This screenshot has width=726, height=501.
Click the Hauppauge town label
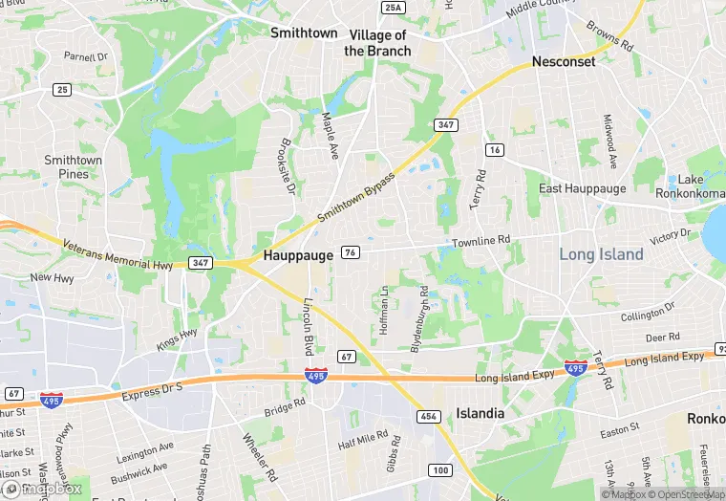pos(298,256)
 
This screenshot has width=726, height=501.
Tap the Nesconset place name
pos(564,62)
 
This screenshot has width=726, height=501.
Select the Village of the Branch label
pos(377,43)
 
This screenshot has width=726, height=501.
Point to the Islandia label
pos(480,414)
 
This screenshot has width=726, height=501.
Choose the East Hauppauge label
pos(583,188)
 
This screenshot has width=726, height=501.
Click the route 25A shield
pos(393,8)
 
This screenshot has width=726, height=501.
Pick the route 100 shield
pos(440,469)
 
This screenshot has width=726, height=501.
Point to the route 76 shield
pos(351,252)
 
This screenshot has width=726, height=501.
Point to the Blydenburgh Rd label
pos(418,318)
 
